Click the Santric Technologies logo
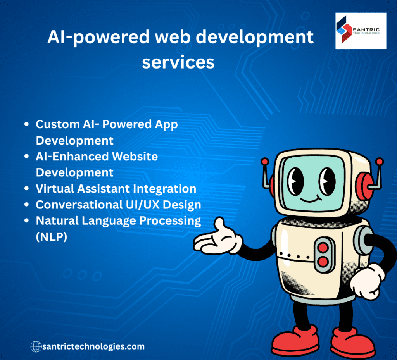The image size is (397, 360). point(361,31)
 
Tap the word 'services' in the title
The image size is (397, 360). point(178,62)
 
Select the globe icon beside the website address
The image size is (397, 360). point(36,346)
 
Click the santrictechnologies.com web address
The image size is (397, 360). point(93,346)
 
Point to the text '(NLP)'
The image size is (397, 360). point(51,236)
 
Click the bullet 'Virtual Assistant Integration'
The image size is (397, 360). point(116,189)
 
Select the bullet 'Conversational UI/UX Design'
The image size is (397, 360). point(118,205)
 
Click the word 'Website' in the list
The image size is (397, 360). point(135,157)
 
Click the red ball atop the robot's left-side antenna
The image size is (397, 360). point(265,161)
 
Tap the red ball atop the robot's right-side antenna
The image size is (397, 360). point(379,162)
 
